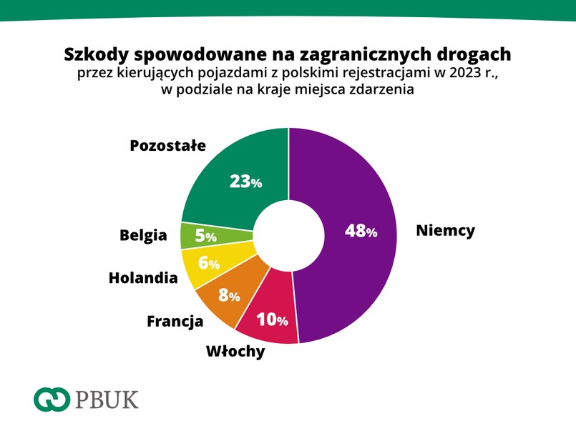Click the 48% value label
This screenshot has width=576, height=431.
click(361, 231)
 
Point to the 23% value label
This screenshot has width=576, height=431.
click(245, 182)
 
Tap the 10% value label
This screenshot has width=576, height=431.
click(272, 319)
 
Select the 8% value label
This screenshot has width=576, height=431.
click(229, 294)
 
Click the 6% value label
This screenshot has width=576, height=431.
click(208, 263)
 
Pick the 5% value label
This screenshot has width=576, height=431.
click(205, 236)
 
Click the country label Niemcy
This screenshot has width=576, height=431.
click(445, 231)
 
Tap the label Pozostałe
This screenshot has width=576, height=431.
click(167, 146)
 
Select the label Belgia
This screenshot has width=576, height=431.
click(143, 235)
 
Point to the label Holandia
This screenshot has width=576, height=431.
click(143, 277)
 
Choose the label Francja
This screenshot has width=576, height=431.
click(175, 321)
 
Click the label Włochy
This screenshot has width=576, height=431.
click(235, 352)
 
